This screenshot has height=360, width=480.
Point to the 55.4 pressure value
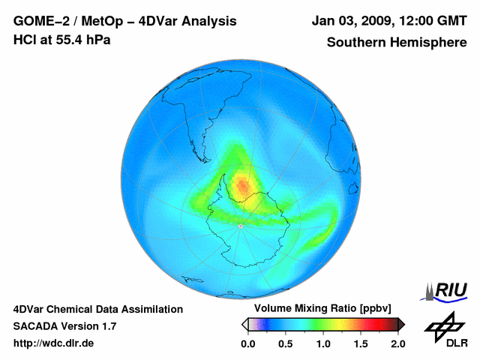click(x=67, y=39)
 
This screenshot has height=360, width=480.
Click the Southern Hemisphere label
click(x=396, y=42)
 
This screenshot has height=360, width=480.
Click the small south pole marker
click(x=240, y=226)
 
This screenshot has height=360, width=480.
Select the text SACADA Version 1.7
click(x=64, y=326)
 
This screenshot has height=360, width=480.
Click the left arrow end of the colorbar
click(x=244, y=324)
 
